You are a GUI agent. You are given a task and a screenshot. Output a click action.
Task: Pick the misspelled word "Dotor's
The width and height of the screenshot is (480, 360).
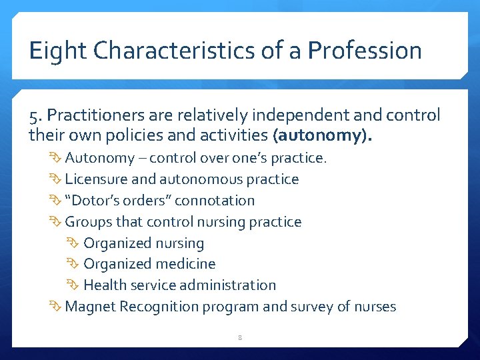(93, 200)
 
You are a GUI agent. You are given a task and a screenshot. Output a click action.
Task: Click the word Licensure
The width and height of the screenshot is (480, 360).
(94, 179)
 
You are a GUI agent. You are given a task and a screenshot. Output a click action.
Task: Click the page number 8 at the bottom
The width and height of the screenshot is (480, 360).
(240, 338)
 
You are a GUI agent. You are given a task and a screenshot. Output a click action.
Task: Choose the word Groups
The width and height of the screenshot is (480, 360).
(89, 221)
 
